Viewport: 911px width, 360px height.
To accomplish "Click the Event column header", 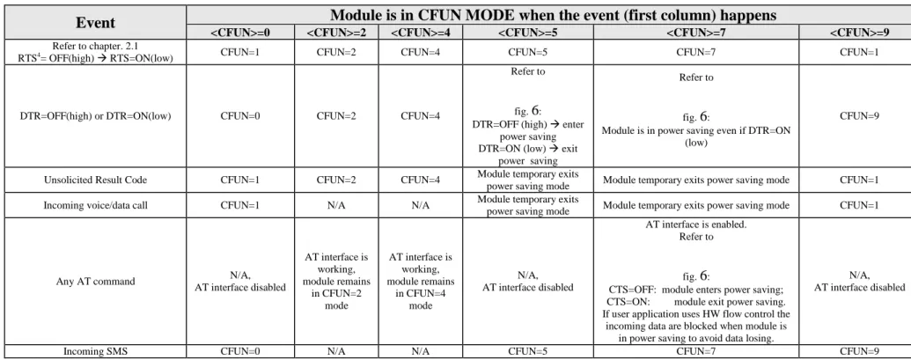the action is click(x=95, y=22).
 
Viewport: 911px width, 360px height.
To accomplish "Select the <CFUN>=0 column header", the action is click(x=240, y=33).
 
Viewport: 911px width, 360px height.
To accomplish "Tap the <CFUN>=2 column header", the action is click(x=336, y=33).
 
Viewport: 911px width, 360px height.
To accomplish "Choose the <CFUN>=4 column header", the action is click(x=421, y=33).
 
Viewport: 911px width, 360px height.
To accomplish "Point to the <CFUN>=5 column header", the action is click(x=528, y=33).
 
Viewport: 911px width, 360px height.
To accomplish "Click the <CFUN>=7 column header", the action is click(x=696, y=33).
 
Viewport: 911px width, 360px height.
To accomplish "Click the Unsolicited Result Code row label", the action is click(x=95, y=180).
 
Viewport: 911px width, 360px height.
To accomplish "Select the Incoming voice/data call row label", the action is click(x=95, y=206).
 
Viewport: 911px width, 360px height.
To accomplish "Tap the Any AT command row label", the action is click(x=95, y=282).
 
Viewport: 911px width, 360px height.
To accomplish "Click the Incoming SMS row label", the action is click(x=95, y=351).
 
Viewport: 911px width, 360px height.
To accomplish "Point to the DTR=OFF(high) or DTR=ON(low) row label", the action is click(x=95, y=116).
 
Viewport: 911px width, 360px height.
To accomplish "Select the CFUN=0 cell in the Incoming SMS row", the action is click(x=240, y=351).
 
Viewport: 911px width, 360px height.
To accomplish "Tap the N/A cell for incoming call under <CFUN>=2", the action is click(x=336, y=206).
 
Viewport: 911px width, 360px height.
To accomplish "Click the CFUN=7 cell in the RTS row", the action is click(x=696, y=52).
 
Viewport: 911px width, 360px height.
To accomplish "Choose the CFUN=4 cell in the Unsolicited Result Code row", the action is click(x=421, y=180).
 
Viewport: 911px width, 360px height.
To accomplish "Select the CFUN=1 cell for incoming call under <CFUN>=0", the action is click(x=240, y=206).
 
